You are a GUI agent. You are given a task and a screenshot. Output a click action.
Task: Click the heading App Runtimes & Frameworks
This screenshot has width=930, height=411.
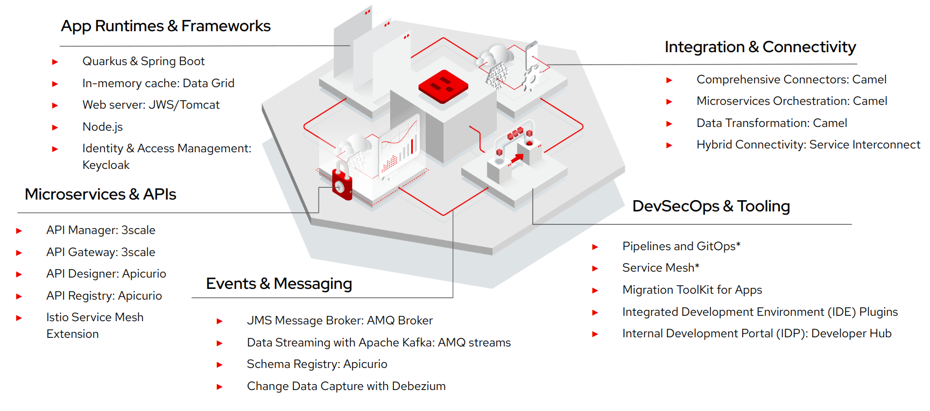point(166,26)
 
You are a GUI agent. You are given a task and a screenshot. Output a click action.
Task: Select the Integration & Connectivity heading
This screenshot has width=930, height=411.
point(760,47)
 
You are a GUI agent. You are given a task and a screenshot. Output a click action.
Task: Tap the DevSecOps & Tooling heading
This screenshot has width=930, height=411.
point(711,206)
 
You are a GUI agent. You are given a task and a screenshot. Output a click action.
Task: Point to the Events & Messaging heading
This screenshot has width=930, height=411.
point(279,284)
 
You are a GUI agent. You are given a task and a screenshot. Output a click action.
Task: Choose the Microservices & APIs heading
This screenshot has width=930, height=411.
point(101,194)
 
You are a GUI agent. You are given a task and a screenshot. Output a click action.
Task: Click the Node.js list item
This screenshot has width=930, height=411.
point(102,127)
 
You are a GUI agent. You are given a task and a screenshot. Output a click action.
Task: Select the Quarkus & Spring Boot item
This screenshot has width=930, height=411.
point(143,61)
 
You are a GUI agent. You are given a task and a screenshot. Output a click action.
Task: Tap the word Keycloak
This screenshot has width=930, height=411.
point(106,165)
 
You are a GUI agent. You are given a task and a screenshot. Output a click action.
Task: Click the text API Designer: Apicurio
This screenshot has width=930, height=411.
point(106,274)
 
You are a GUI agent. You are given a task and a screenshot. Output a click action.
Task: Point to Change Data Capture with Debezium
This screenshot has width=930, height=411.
point(346,386)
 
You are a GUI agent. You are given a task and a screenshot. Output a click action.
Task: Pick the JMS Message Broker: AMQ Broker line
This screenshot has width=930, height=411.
point(340,321)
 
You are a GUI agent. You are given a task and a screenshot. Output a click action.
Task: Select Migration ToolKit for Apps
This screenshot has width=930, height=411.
point(692,290)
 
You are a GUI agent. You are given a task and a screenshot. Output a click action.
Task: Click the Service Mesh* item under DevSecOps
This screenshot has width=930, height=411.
point(660,268)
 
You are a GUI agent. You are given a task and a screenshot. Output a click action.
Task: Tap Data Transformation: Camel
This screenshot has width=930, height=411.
point(772,123)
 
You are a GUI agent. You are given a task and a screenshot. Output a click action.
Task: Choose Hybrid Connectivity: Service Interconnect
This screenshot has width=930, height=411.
point(808,145)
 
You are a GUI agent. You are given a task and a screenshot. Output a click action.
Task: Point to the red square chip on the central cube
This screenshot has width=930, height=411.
point(443,86)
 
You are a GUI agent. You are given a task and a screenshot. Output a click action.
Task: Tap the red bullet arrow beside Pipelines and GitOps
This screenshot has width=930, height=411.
point(595,247)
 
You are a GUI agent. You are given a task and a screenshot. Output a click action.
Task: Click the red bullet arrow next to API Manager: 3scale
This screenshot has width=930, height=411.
point(19,231)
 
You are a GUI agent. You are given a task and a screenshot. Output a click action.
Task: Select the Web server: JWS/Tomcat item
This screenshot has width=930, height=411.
point(151,105)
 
